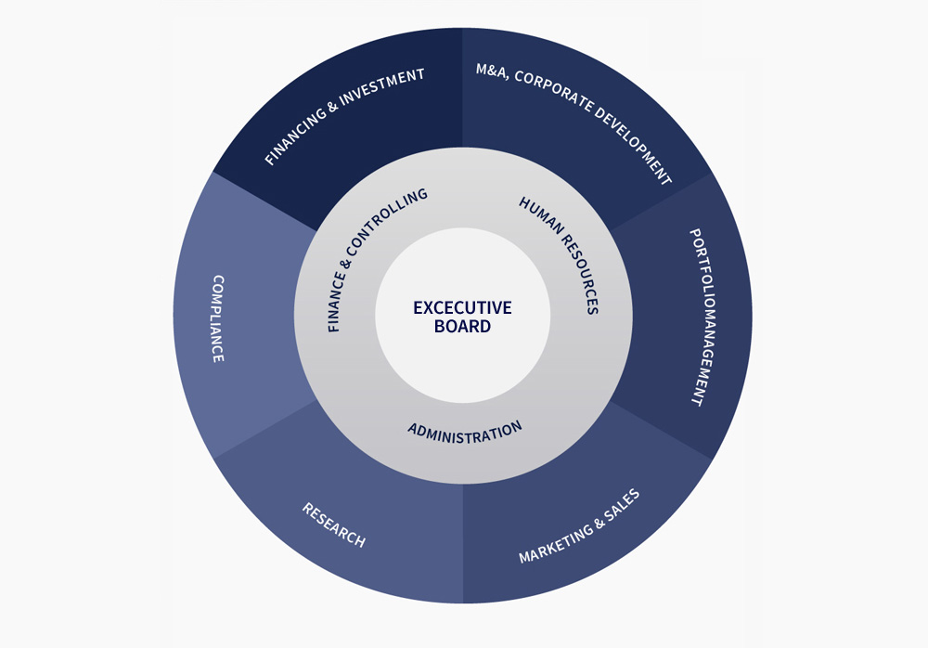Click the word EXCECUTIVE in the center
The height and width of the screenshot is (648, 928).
pyautogui.click(x=462, y=307)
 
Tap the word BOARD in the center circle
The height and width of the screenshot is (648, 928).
pyautogui.click(x=462, y=327)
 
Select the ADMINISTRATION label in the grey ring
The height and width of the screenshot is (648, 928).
pyautogui.click(x=465, y=432)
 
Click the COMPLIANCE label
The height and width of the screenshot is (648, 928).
pyautogui.click(x=218, y=318)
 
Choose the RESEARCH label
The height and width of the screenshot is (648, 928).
pyautogui.click(x=333, y=525)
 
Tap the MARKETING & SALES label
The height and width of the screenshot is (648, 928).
pyautogui.click(x=579, y=526)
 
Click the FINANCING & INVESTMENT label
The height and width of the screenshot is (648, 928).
pyautogui.click(x=344, y=117)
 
